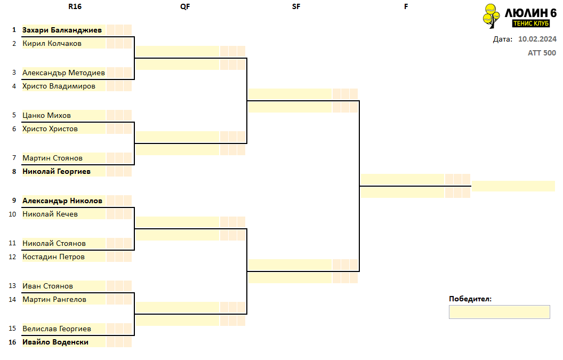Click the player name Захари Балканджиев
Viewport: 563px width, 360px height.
pos(62,30)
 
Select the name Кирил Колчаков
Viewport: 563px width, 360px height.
pos(52,44)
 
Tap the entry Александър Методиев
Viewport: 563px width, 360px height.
pos(63,73)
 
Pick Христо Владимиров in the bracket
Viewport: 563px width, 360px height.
pos(59,86)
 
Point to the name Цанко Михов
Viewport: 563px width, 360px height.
pos(47,115)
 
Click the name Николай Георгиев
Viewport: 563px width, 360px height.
pos(57,171)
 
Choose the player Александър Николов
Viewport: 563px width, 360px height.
pos(62,201)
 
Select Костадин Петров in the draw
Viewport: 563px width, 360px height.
pos(53,257)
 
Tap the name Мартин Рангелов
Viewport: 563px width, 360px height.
pos(54,300)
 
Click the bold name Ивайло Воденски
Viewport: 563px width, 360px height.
pos(55,342)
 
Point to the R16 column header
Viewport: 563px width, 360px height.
pos(75,7)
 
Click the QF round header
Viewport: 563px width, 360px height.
pos(186,7)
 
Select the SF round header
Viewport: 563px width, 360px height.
pos(296,7)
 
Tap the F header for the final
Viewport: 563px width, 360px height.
pos(406,7)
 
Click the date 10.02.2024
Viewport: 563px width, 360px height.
pos(537,39)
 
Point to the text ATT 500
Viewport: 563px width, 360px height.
pos(542,53)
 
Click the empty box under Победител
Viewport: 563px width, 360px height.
pos(500,312)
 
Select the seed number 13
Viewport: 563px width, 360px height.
pos(12,286)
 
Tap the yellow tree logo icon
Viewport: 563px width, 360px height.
pos(492,16)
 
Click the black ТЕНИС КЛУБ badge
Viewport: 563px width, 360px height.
pos(531,23)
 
